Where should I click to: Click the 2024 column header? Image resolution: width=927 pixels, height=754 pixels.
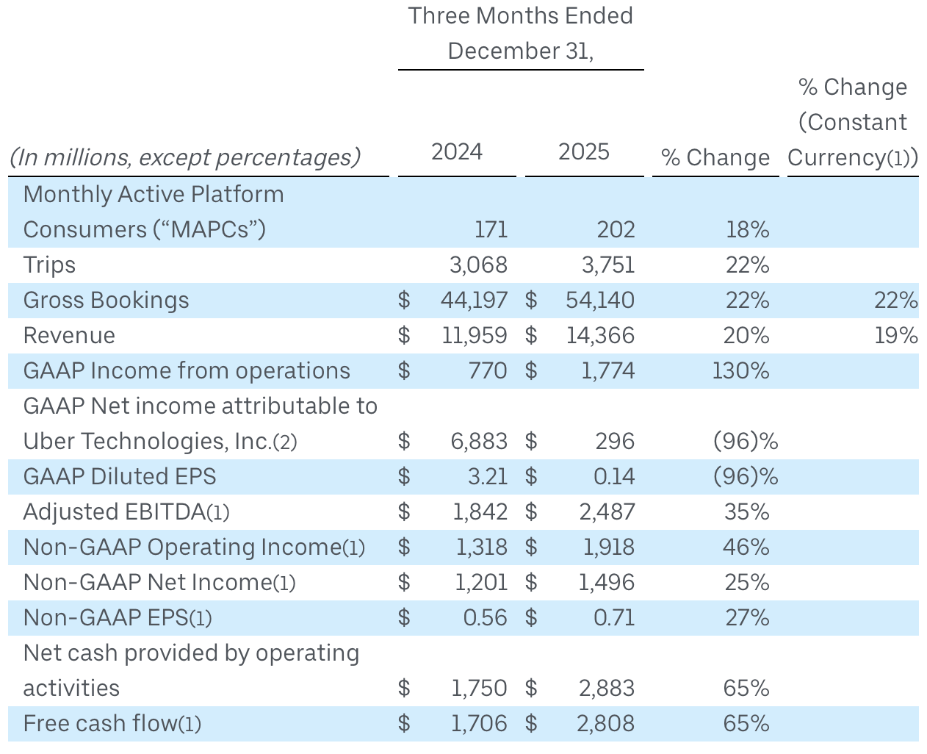[457, 152]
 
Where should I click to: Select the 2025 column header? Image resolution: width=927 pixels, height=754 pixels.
[584, 152]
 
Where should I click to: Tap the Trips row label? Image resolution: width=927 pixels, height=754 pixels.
[50, 265]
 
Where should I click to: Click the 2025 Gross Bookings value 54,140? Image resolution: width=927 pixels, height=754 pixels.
[600, 300]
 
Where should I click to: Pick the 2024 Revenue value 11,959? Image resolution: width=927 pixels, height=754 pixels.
[475, 335]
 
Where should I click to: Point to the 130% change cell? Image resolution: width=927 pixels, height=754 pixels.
[740, 370]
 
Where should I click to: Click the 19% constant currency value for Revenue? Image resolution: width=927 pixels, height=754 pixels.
[895, 335]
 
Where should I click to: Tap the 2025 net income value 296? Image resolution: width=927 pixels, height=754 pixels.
[615, 441]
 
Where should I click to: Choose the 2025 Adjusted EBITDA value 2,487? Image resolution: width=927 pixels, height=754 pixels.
[607, 511]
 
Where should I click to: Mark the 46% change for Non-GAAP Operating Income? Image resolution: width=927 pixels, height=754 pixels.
[746, 547]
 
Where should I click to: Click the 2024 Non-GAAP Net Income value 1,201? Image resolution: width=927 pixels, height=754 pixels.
[481, 582]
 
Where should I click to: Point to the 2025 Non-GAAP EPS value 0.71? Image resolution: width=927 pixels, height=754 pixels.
[614, 617]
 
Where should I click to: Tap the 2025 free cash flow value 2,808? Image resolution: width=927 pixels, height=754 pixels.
[606, 723]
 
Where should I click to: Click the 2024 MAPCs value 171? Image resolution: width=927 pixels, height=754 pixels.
[491, 229]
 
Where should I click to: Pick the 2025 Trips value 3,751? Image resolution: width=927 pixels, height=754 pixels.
[608, 265]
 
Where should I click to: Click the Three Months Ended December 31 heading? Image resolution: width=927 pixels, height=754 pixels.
[521, 33]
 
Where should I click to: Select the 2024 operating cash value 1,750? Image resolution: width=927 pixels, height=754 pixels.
[479, 688]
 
